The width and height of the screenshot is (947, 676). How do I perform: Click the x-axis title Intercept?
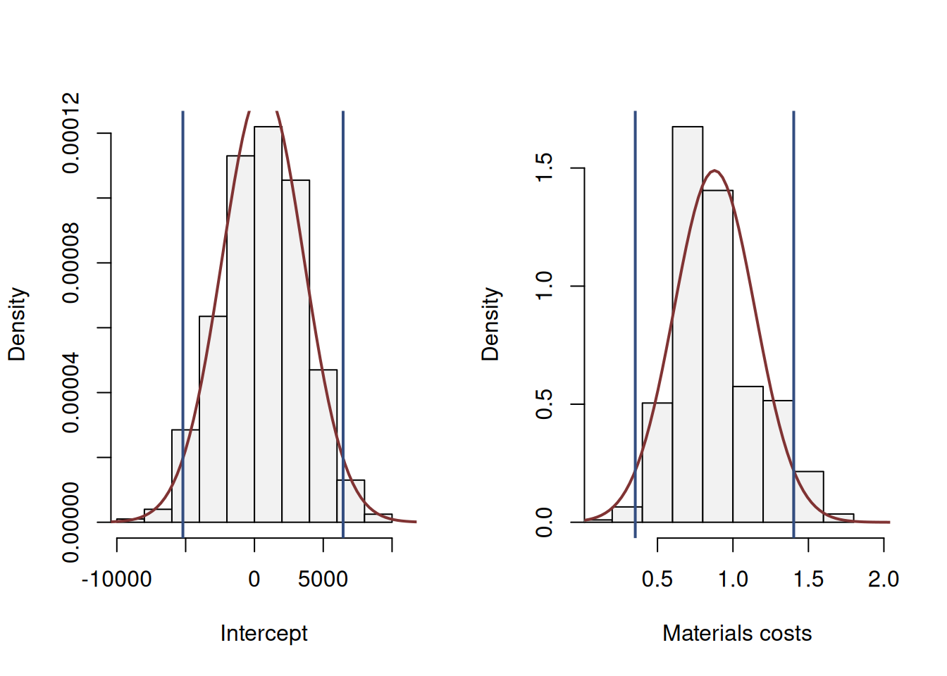pos(264,633)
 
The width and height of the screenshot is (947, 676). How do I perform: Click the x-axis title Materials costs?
pos(736,633)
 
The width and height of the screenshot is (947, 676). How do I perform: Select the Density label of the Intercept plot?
pos(17,324)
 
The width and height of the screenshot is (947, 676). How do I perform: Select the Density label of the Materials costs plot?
pos(490,324)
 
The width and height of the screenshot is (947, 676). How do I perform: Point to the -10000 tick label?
pos(116,580)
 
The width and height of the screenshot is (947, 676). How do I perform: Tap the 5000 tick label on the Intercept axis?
pos(323,580)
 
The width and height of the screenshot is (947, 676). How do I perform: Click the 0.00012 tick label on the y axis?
pos(70,132)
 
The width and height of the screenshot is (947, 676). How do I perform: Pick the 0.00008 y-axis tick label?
pos(70,263)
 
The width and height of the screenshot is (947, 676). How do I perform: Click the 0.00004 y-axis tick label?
pos(70,392)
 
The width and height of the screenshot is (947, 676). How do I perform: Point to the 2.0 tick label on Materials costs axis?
pos(883,580)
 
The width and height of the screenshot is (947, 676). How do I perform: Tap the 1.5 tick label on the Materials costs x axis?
pos(808,580)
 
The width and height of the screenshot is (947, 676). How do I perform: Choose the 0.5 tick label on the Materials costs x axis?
pos(657,580)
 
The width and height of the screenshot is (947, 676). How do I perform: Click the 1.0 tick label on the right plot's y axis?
pos(544,286)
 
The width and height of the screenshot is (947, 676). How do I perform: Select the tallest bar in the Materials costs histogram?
pos(687,324)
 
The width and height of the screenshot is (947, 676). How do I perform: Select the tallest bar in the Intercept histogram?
pos(268,324)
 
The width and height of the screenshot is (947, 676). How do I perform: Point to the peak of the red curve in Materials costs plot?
pos(714,170)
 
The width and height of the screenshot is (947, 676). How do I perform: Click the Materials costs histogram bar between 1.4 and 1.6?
pos(808,497)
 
